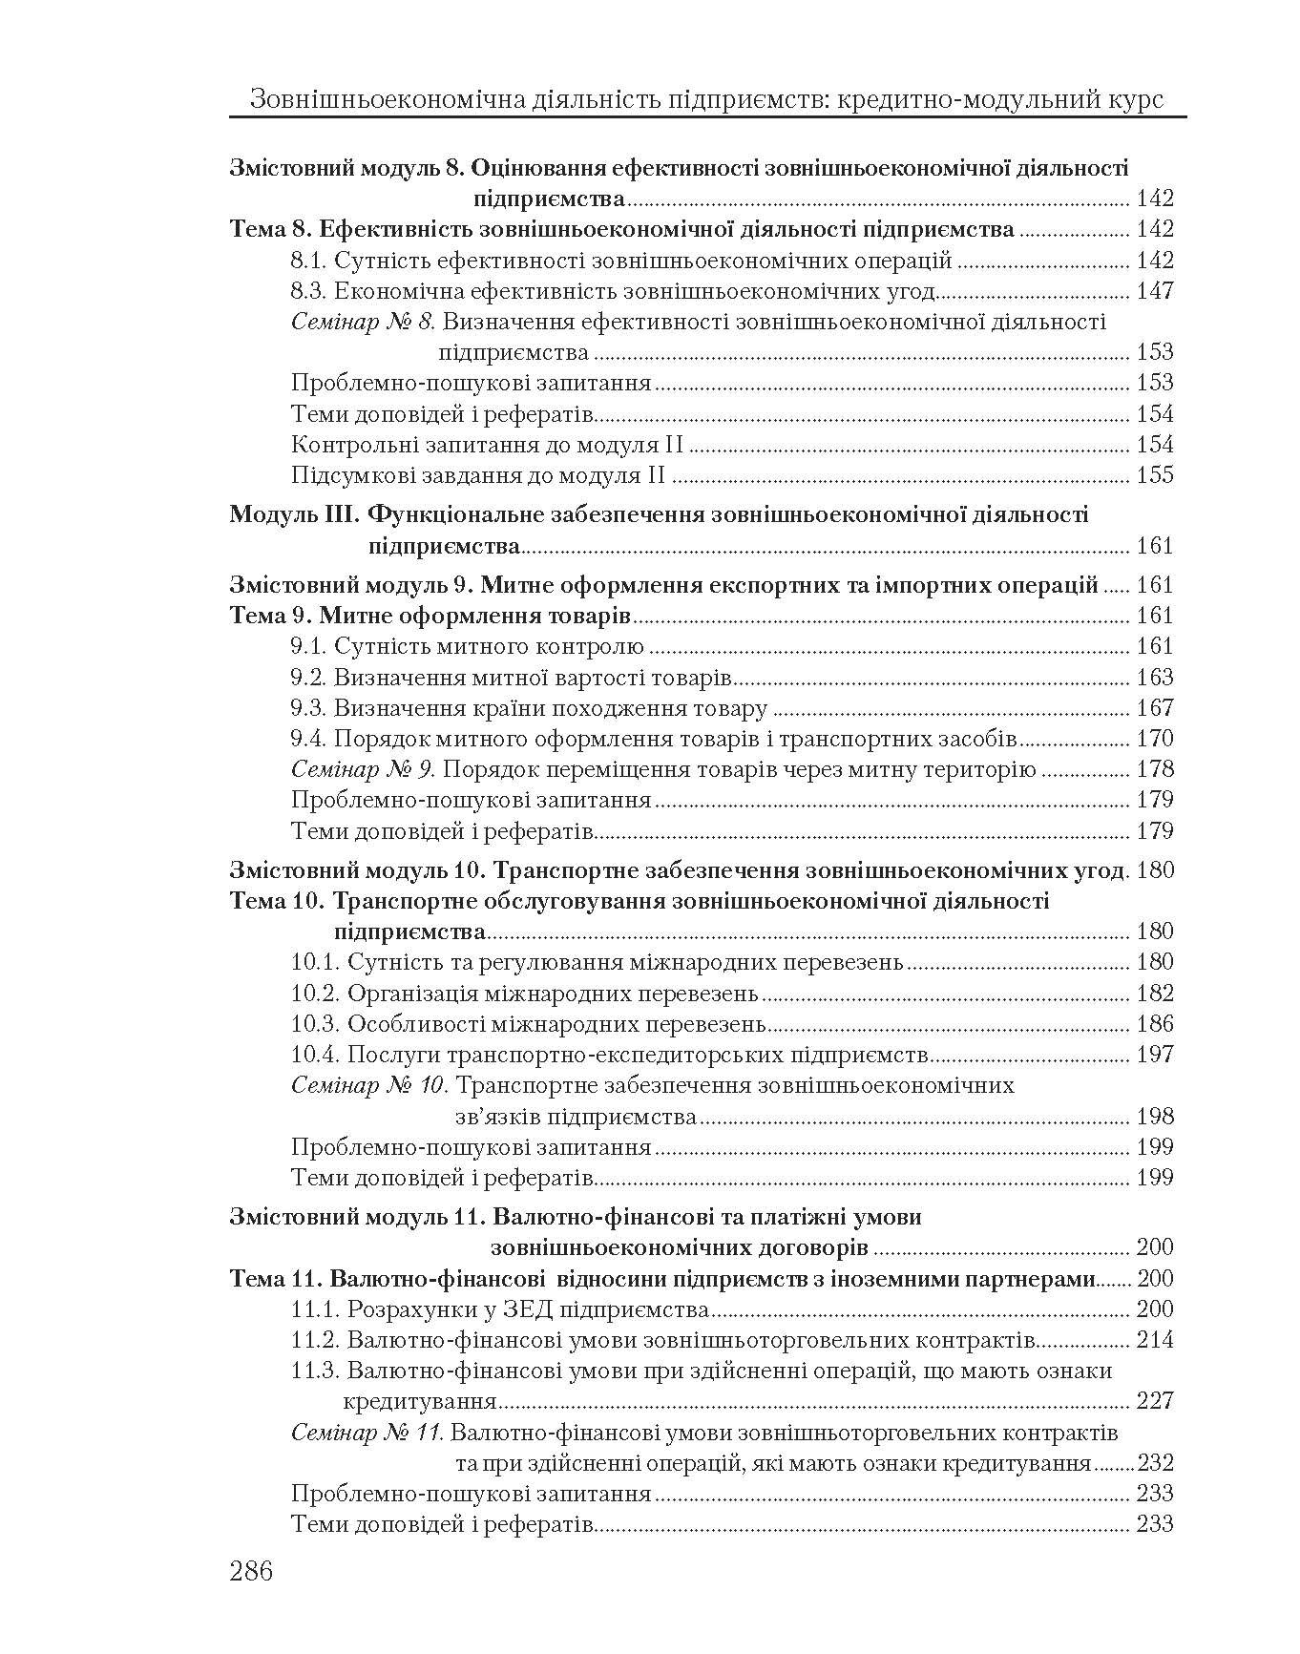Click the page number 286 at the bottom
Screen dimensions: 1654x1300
(x=251, y=1571)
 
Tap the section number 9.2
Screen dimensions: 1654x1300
(x=308, y=678)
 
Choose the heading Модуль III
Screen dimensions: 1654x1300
(x=293, y=515)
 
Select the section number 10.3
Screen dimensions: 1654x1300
(x=315, y=1024)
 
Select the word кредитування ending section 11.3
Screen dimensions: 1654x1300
(x=420, y=1402)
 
